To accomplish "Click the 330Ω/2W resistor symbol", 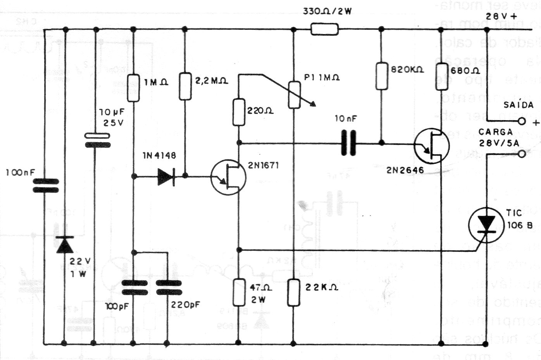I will click(324, 29).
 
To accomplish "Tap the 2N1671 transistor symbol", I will click(229, 177).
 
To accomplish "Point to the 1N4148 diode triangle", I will click(166, 176).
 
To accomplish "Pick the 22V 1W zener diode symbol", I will click(65, 244).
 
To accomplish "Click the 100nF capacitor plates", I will click(45, 186).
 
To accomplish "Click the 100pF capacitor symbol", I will click(134, 287).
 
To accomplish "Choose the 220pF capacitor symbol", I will click(168, 287).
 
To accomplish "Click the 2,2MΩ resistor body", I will click(185, 86).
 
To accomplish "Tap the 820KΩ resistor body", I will click(382, 76).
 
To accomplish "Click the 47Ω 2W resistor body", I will click(239, 292).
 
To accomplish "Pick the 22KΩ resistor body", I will click(294, 291).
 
